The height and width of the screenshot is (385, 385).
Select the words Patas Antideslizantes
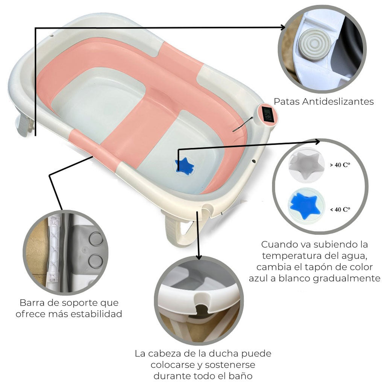click(323, 102)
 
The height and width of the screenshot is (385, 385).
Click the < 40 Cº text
click(340, 209)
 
